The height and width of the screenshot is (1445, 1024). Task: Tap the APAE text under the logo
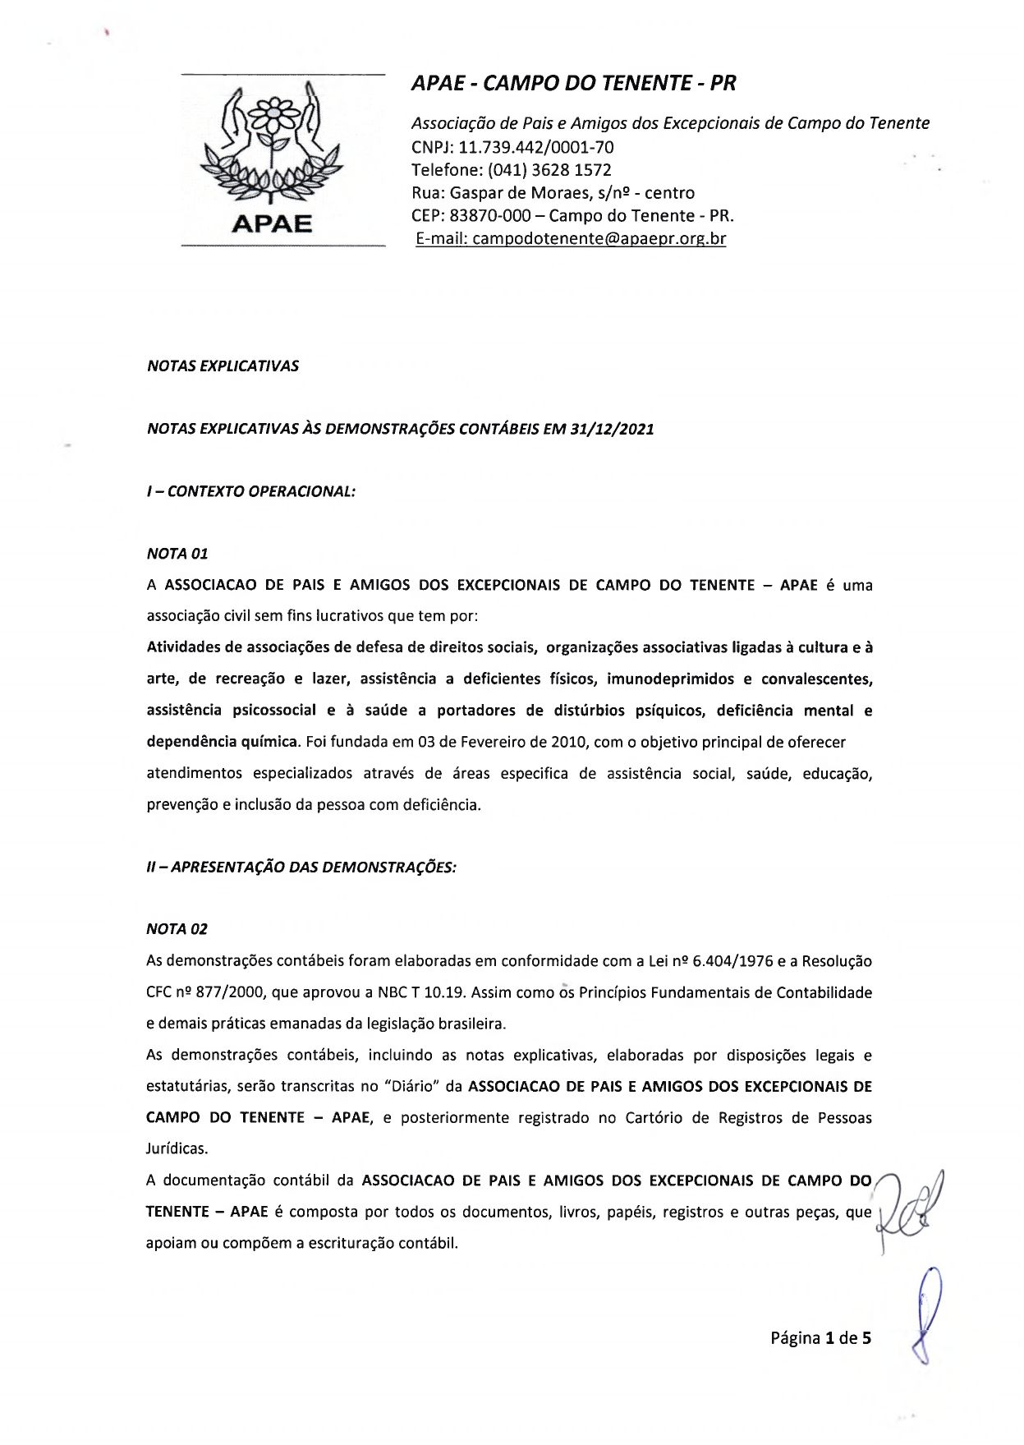pos(272,223)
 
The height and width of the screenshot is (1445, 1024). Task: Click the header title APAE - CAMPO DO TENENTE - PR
pos(573,83)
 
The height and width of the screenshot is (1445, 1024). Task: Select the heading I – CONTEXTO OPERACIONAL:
pos(250,491)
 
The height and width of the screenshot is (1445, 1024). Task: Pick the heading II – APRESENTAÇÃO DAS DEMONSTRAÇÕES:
pos(301,867)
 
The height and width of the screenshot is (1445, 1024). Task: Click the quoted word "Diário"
pos(411,1086)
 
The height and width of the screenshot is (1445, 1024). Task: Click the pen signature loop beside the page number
pos(928,1323)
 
